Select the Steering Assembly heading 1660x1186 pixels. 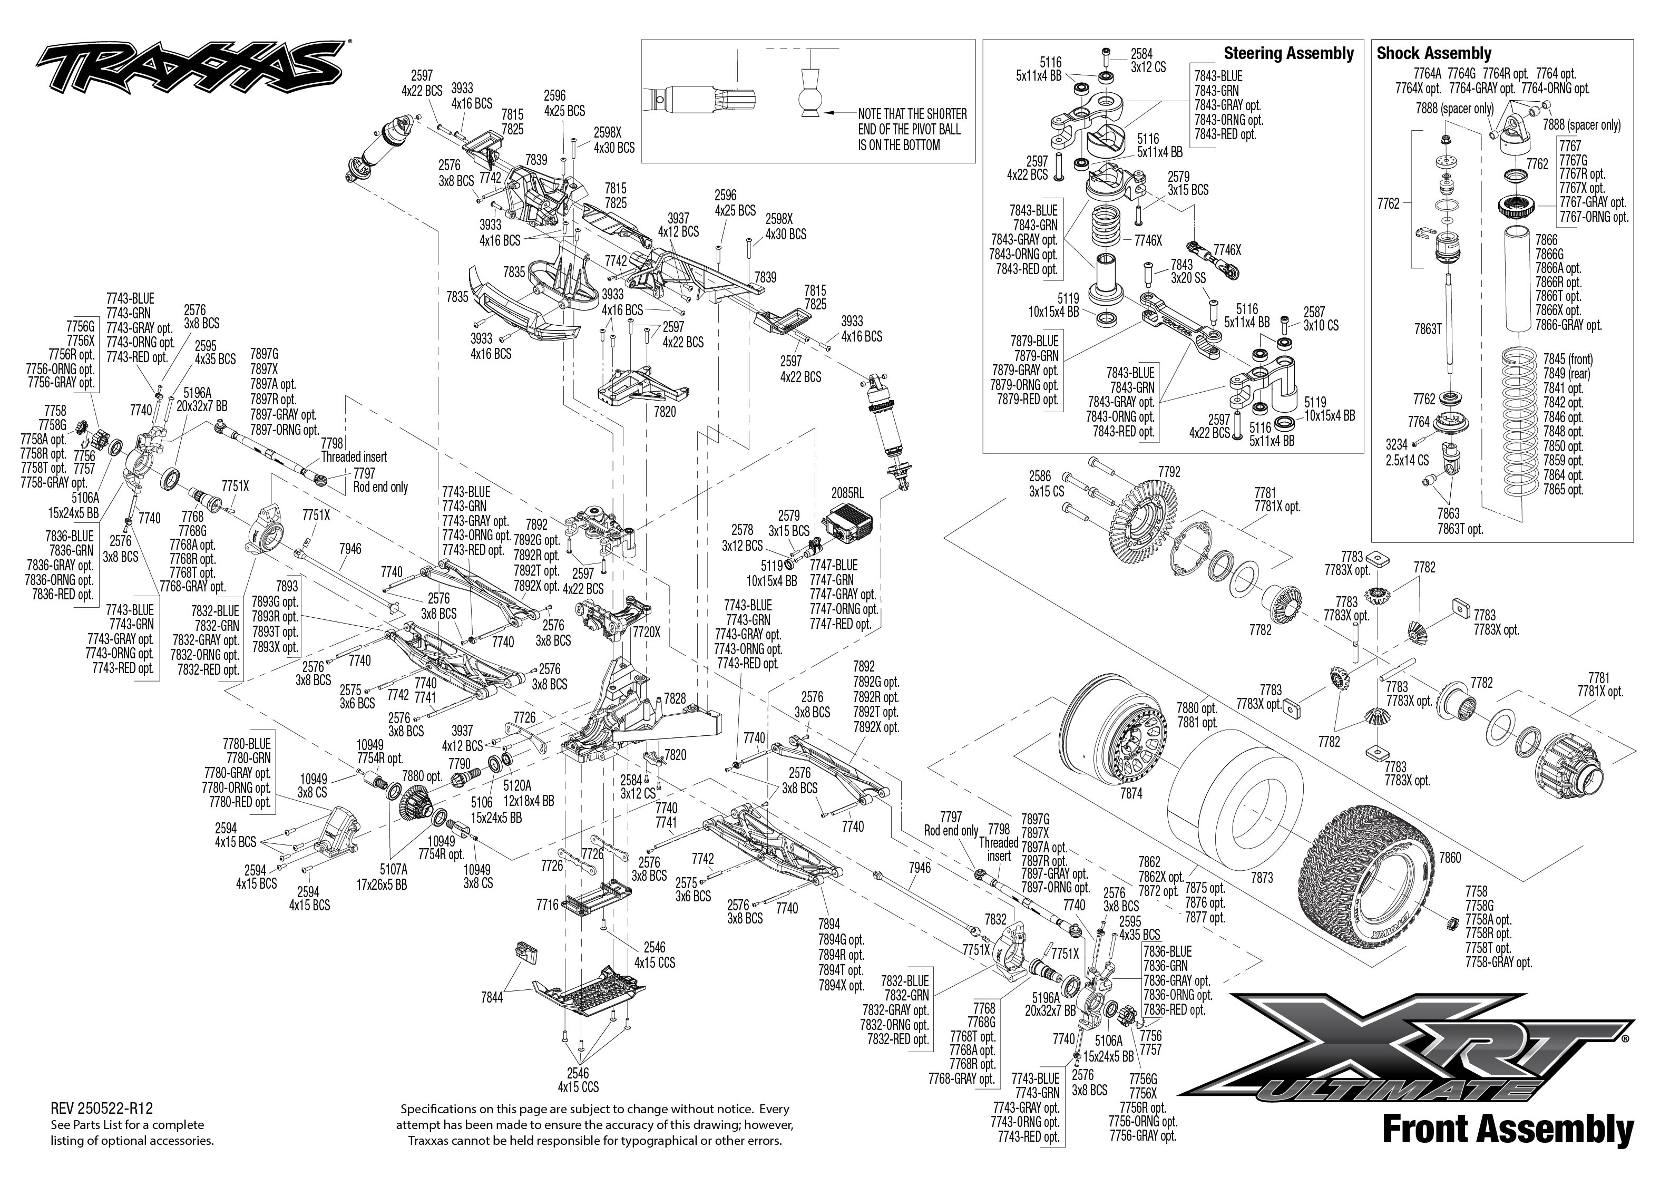pyautogui.click(x=1288, y=53)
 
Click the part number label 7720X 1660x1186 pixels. pyautogui.click(x=646, y=633)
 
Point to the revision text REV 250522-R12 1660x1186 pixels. pyautogui.click(x=102, y=1109)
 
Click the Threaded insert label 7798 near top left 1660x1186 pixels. pyautogui.click(x=353, y=450)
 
